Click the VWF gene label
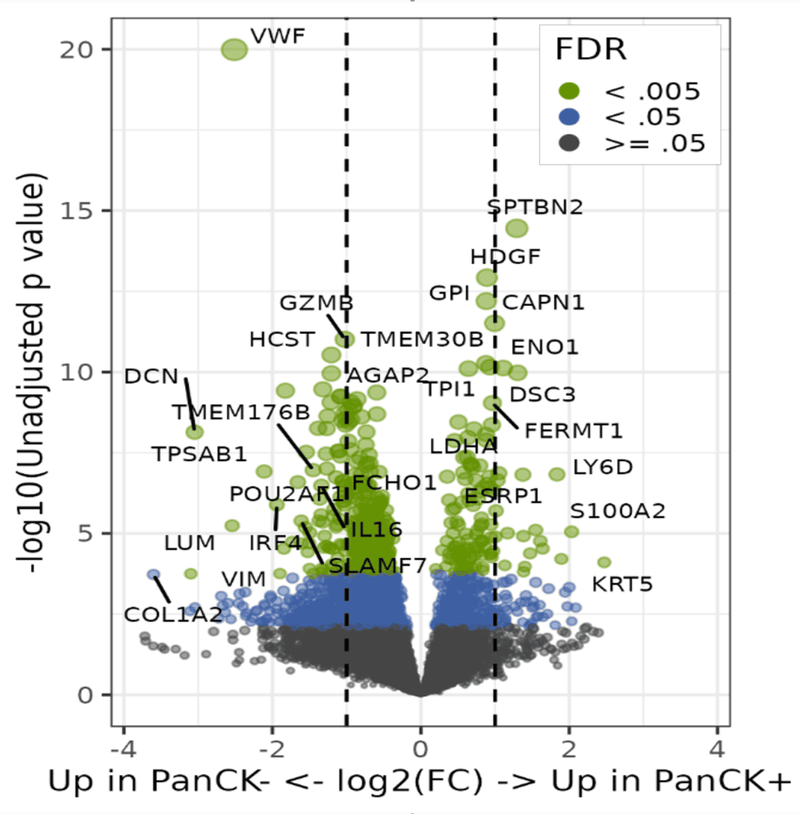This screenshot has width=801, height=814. tap(278, 36)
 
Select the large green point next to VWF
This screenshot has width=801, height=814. tap(235, 49)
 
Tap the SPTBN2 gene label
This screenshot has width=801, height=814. tap(535, 207)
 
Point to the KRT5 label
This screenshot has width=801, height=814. tap(622, 585)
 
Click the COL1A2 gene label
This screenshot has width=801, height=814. tap(173, 614)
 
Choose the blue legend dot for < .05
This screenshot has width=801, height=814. tap(570, 118)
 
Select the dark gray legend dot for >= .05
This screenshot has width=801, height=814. tap(570, 144)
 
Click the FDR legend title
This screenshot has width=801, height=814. tap(591, 49)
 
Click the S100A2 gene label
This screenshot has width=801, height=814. tap(617, 511)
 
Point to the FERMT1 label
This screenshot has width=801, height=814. tap(574, 431)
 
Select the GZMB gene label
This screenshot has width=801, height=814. tap(316, 303)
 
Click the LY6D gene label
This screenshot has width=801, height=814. tap(602, 467)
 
